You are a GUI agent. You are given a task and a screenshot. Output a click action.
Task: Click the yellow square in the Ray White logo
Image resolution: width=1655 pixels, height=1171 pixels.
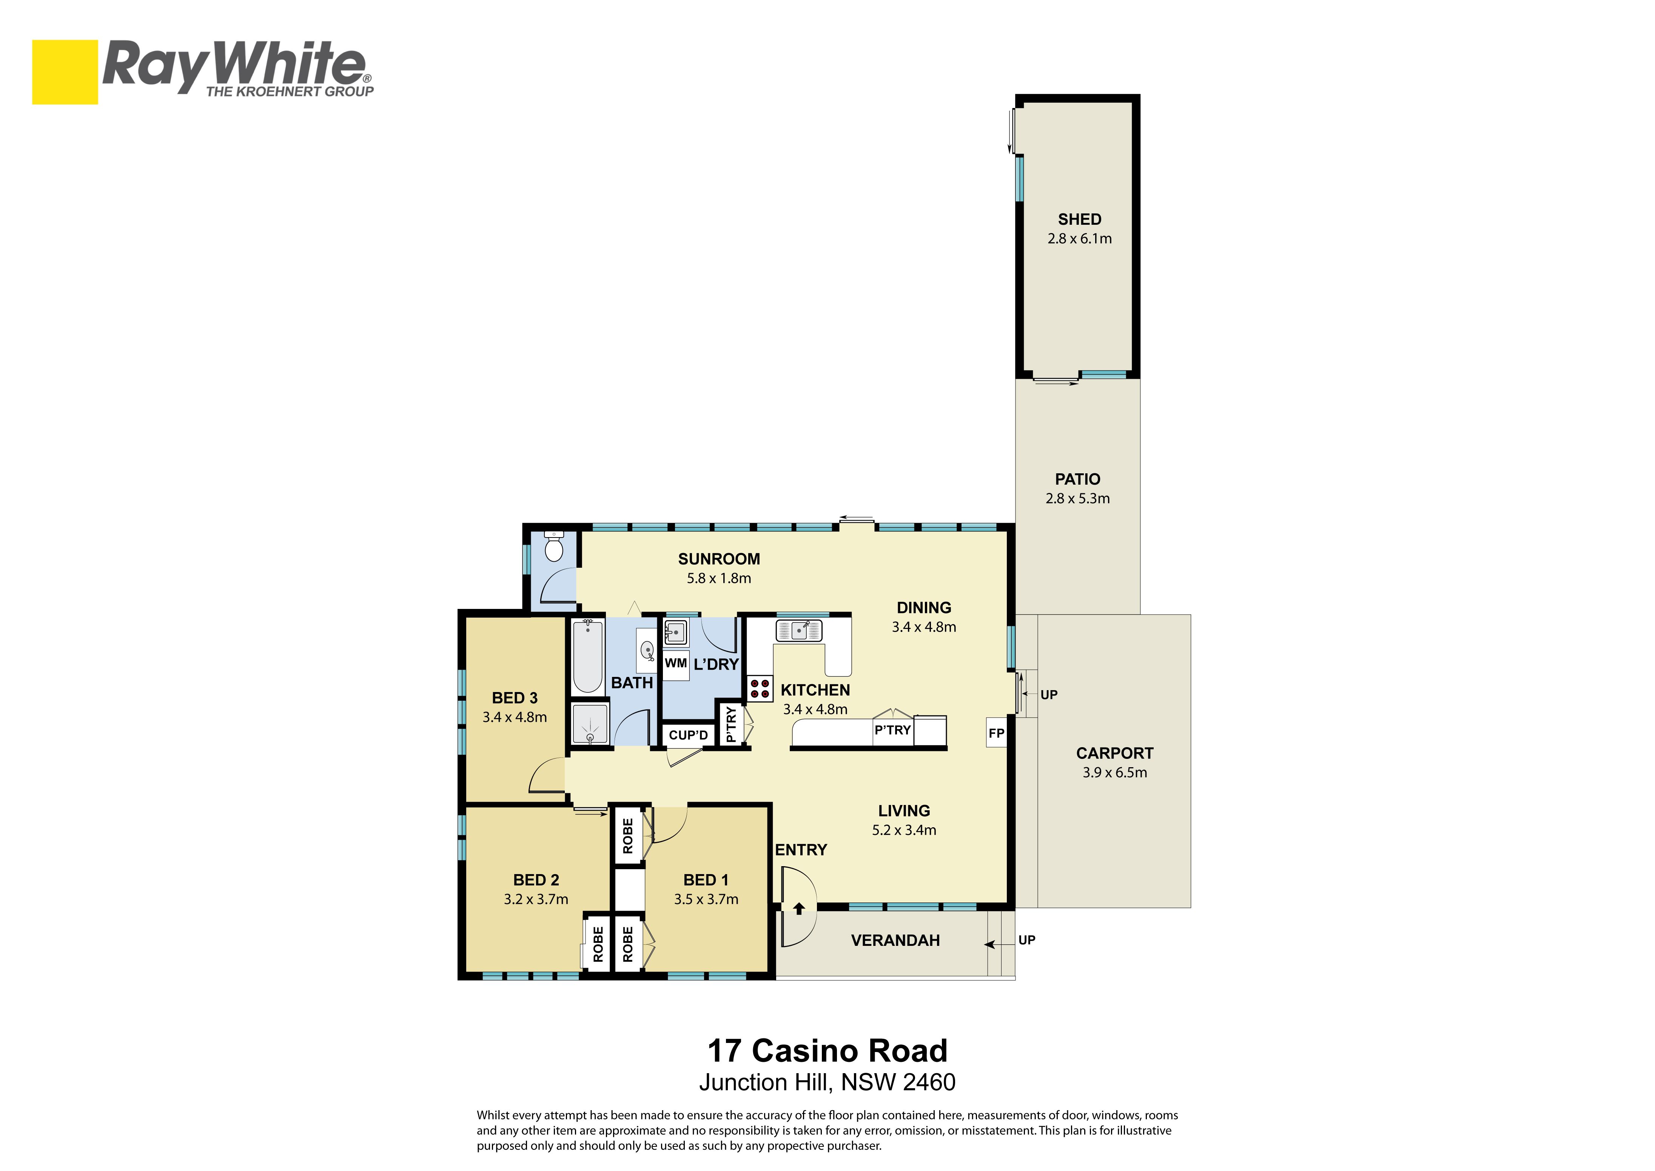tap(65, 72)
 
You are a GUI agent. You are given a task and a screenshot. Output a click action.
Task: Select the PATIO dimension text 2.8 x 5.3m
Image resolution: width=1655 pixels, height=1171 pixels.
tap(1078, 498)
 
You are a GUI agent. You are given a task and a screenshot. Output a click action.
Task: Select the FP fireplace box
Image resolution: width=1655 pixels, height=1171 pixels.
tap(996, 732)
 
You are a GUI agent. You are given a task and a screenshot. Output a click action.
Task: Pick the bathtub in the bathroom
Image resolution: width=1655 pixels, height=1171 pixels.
tap(587, 656)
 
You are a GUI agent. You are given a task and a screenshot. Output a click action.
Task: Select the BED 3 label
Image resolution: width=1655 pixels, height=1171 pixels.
tap(515, 698)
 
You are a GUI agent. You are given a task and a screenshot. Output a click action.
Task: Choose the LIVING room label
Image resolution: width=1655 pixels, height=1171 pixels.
tap(904, 811)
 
